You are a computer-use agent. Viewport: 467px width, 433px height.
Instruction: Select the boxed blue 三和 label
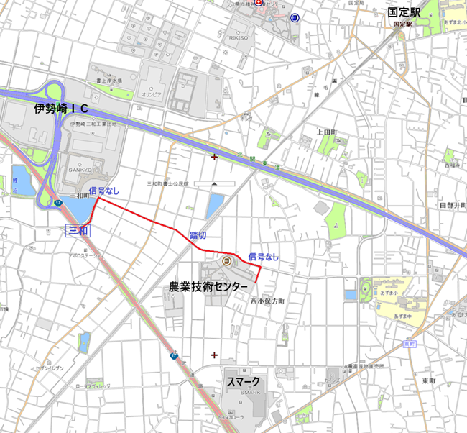point(78,231)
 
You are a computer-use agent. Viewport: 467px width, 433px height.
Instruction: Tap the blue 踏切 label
point(198,235)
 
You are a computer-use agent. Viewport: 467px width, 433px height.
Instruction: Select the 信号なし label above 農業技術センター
point(263,256)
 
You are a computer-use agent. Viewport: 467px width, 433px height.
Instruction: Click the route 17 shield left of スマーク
point(174,355)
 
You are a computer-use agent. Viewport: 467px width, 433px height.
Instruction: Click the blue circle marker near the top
point(295,18)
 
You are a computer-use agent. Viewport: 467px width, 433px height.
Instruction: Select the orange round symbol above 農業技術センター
point(226,260)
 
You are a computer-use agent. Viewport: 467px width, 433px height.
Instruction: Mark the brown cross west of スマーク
point(213,355)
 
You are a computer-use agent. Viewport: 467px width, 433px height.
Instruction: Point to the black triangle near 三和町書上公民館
point(213,184)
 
